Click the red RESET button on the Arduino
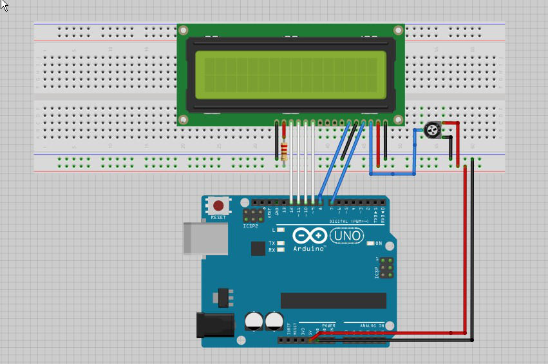click(219, 206)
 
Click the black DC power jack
click(212, 324)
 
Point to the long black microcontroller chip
click(333, 300)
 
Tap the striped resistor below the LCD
click(285, 151)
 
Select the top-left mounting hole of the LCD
click(184, 30)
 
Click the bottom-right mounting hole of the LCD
click(399, 119)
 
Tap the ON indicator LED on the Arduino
click(371, 243)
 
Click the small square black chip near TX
click(258, 248)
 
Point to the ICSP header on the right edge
click(386, 267)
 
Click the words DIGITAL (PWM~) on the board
click(347, 221)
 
